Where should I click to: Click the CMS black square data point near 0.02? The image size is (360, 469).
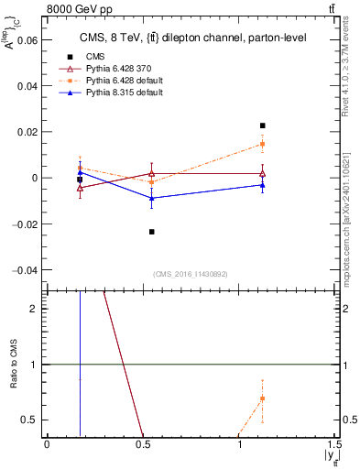pos(262,125)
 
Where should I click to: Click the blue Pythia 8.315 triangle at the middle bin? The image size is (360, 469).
pos(151,198)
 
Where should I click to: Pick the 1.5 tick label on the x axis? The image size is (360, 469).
pos(335,443)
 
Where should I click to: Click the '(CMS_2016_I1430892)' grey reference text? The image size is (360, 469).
pos(191,274)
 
